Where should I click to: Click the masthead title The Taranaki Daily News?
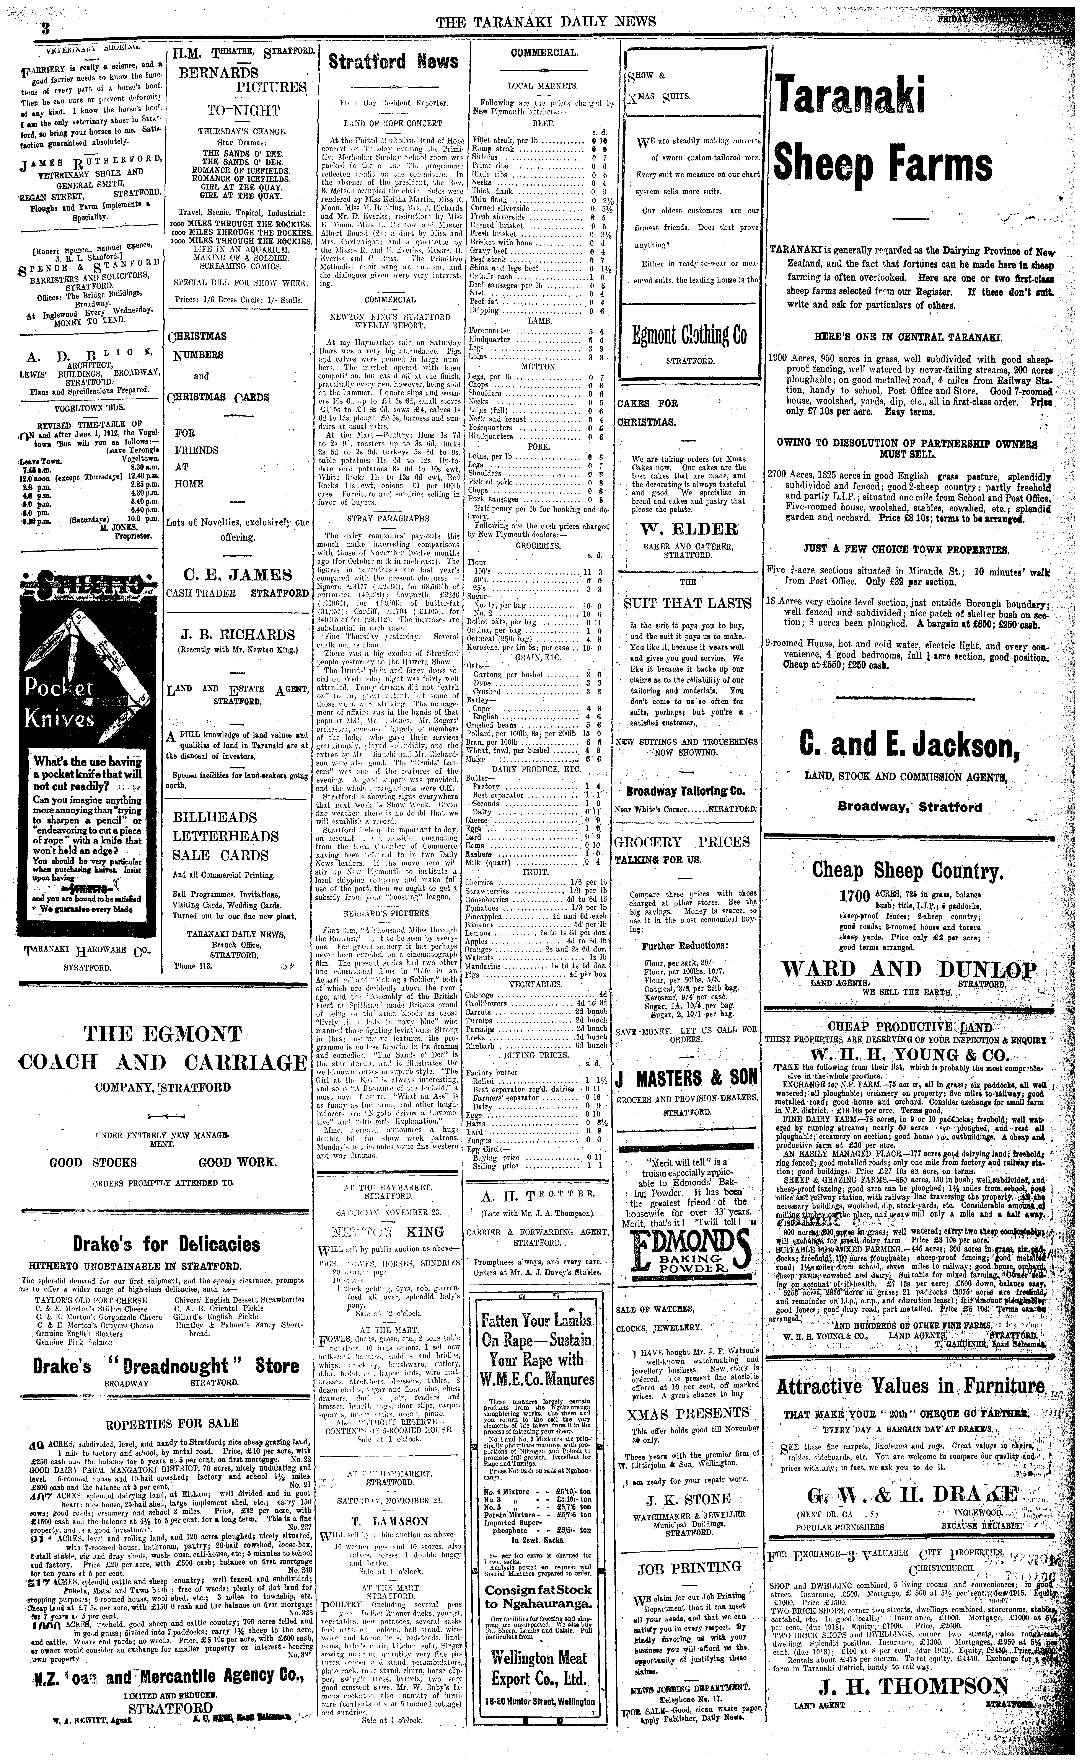[x=545, y=21]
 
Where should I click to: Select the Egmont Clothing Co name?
[x=689, y=334]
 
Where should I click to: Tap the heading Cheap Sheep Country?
[x=909, y=871]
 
